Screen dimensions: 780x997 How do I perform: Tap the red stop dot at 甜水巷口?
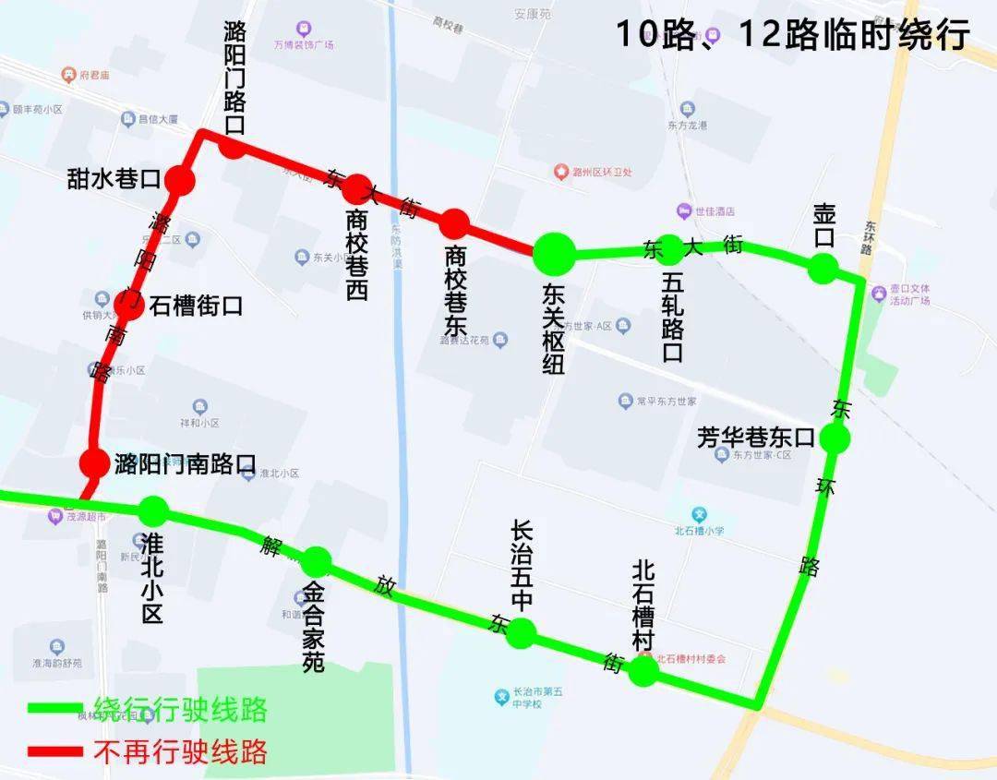point(181,181)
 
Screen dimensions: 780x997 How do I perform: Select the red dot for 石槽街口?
point(129,305)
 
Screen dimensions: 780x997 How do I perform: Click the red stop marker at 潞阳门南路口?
point(94,462)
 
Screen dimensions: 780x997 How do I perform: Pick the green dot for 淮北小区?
point(153,510)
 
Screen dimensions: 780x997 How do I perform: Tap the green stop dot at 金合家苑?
point(316,559)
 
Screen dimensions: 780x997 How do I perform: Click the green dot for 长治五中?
point(522,632)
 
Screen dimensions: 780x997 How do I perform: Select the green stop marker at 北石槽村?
point(643,671)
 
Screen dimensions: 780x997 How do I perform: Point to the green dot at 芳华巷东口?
point(835,438)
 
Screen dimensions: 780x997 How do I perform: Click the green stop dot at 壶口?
point(823,268)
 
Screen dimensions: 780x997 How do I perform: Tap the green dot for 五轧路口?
point(671,247)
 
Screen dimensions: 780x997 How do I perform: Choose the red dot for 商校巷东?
point(454,223)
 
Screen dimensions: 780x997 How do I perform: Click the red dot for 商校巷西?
point(357,188)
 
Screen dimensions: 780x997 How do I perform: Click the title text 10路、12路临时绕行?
point(792,35)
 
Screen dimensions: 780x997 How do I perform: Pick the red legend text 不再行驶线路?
point(181,751)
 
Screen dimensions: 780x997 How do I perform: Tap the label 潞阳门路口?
point(235,78)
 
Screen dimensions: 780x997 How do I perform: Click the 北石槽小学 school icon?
point(700,514)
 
